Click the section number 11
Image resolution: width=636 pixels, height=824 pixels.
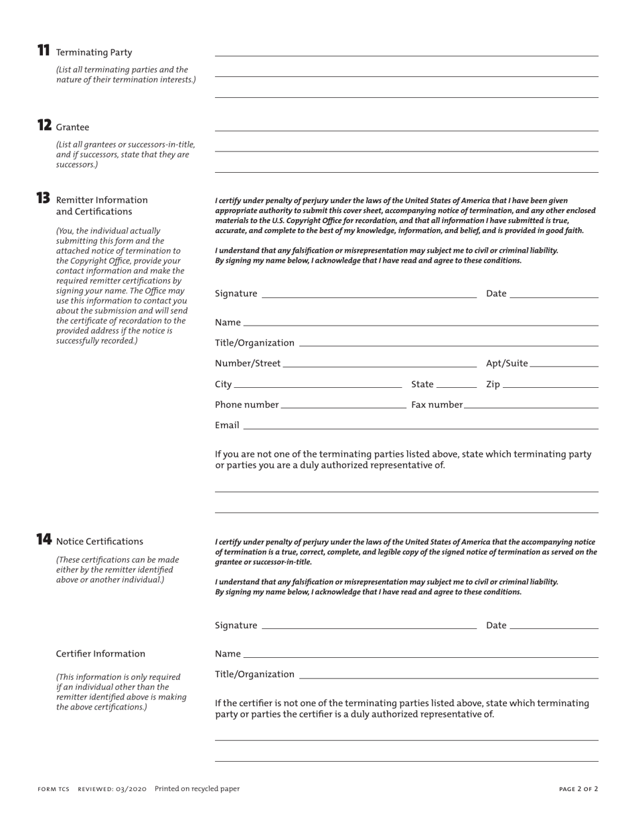tap(44, 50)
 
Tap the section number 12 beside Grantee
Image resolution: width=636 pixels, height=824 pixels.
tap(44, 125)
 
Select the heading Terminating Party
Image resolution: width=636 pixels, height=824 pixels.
tap(94, 52)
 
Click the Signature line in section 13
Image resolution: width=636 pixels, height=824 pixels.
tap(369, 293)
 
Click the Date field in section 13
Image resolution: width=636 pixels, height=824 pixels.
tap(554, 293)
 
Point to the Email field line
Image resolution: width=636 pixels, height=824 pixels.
tap(420, 425)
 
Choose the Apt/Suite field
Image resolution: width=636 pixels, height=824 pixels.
tap(564, 363)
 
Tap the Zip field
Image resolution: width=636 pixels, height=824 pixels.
tap(550, 384)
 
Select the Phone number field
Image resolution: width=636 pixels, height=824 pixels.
tap(343, 405)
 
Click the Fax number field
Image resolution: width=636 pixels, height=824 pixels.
tap(531, 405)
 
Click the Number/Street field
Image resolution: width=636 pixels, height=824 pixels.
tap(380, 363)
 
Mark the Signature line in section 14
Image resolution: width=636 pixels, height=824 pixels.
tap(369, 625)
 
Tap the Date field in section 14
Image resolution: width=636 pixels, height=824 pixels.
tap(554, 625)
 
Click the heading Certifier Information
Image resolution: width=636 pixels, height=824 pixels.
tap(100, 654)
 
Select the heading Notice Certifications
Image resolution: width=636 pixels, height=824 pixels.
tap(100, 541)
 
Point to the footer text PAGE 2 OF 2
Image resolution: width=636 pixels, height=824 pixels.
tap(578, 789)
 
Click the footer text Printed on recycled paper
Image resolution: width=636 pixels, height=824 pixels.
tap(197, 789)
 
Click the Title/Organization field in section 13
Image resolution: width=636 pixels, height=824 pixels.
tap(448, 342)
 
